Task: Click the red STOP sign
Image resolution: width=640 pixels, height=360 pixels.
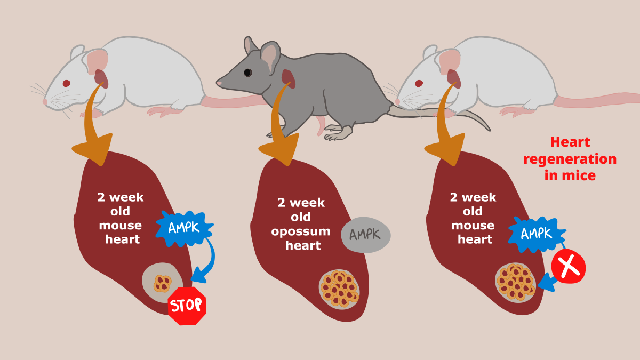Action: [187, 306]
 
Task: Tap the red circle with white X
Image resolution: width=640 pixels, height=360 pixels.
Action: [569, 266]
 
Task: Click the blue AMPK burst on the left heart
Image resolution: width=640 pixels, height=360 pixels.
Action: [184, 228]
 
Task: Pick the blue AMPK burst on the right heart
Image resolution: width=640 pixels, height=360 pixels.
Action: [535, 234]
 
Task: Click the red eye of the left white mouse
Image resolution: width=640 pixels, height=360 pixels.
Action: [66, 83]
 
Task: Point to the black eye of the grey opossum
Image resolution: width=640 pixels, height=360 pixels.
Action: [247, 72]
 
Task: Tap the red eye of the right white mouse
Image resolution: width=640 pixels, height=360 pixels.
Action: [419, 83]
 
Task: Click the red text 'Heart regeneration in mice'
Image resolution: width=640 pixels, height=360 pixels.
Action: [570, 158]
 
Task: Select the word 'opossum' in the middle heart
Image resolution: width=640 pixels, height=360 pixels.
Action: [301, 231]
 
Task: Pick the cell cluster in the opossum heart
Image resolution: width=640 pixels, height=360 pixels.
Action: [339, 289]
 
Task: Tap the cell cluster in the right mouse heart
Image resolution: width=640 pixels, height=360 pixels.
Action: [515, 281]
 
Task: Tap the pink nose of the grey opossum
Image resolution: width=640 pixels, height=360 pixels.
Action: [219, 84]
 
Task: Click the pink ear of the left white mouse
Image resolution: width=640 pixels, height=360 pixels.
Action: [97, 62]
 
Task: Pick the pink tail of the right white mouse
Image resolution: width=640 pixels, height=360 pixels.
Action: [597, 99]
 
